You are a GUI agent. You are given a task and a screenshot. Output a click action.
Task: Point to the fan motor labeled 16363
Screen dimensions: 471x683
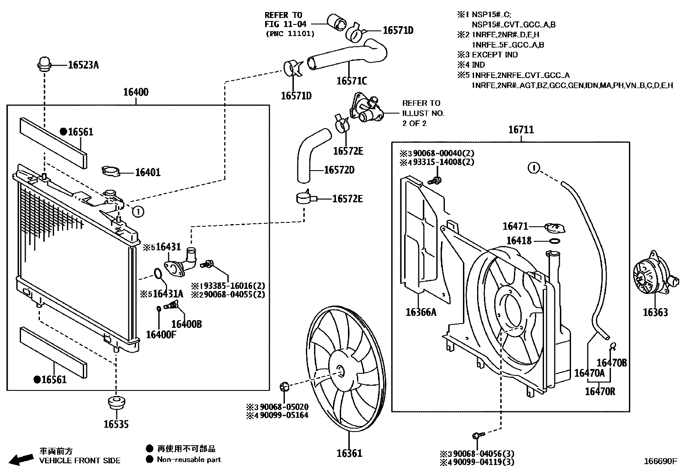click(x=650, y=279)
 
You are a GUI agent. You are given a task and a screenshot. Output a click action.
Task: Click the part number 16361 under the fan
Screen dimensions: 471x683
click(x=349, y=453)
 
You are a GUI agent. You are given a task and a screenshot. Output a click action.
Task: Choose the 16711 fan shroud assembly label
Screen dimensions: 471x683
click(x=521, y=129)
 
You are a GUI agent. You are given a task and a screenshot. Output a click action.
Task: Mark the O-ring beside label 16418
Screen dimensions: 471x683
click(x=554, y=241)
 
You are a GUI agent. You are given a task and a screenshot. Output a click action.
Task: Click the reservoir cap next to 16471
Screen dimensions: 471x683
click(x=554, y=227)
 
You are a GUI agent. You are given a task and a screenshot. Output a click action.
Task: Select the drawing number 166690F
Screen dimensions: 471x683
click(x=660, y=462)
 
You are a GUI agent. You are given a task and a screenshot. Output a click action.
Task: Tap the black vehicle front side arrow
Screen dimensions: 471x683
click(x=21, y=459)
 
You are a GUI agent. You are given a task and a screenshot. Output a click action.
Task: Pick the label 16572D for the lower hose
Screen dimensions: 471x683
click(x=339, y=170)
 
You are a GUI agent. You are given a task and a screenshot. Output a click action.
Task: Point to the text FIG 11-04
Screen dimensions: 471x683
click(x=286, y=24)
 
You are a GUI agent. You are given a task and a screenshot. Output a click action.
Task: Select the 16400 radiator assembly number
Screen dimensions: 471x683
click(x=136, y=92)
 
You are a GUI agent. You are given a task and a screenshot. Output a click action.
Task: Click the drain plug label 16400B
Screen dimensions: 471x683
click(x=186, y=324)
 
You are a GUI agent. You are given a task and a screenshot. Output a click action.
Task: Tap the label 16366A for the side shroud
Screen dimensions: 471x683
click(x=420, y=312)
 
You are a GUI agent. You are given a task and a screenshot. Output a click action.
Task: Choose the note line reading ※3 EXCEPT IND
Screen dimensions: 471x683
click(x=488, y=55)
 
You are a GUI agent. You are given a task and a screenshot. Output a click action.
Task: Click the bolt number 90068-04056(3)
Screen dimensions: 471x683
click(x=484, y=454)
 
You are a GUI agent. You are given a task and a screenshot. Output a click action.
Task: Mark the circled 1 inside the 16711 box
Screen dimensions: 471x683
click(x=533, y=168)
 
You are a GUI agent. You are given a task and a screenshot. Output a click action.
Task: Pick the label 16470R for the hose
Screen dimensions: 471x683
click(x=600, y=391)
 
